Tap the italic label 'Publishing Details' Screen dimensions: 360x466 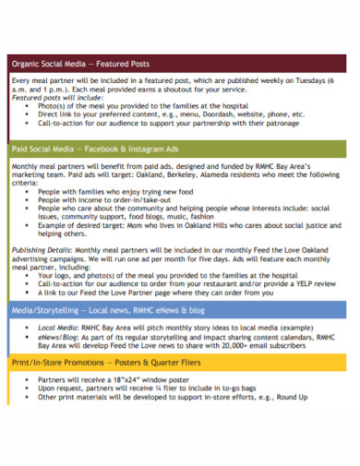39,250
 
